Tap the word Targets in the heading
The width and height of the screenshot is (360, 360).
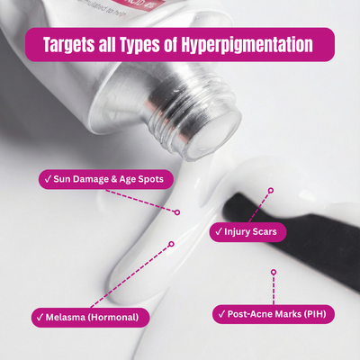[x=75, y=44]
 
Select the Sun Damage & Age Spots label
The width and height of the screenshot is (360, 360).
[x=105, y=179]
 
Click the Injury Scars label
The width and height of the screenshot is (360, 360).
[x=248, y=232]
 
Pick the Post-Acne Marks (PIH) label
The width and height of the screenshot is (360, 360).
[x=275, y=314]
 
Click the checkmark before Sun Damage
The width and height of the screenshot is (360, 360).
[x=47, y=179]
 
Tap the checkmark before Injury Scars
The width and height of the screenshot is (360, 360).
[x=219, y=232]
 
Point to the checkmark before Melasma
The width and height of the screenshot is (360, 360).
[x=40, y=317]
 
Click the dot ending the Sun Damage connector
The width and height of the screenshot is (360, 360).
[x=177, y=212]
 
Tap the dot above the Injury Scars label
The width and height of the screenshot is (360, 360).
[x=269, y=191]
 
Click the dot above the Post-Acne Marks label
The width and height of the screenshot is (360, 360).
[x=272, y=270]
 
